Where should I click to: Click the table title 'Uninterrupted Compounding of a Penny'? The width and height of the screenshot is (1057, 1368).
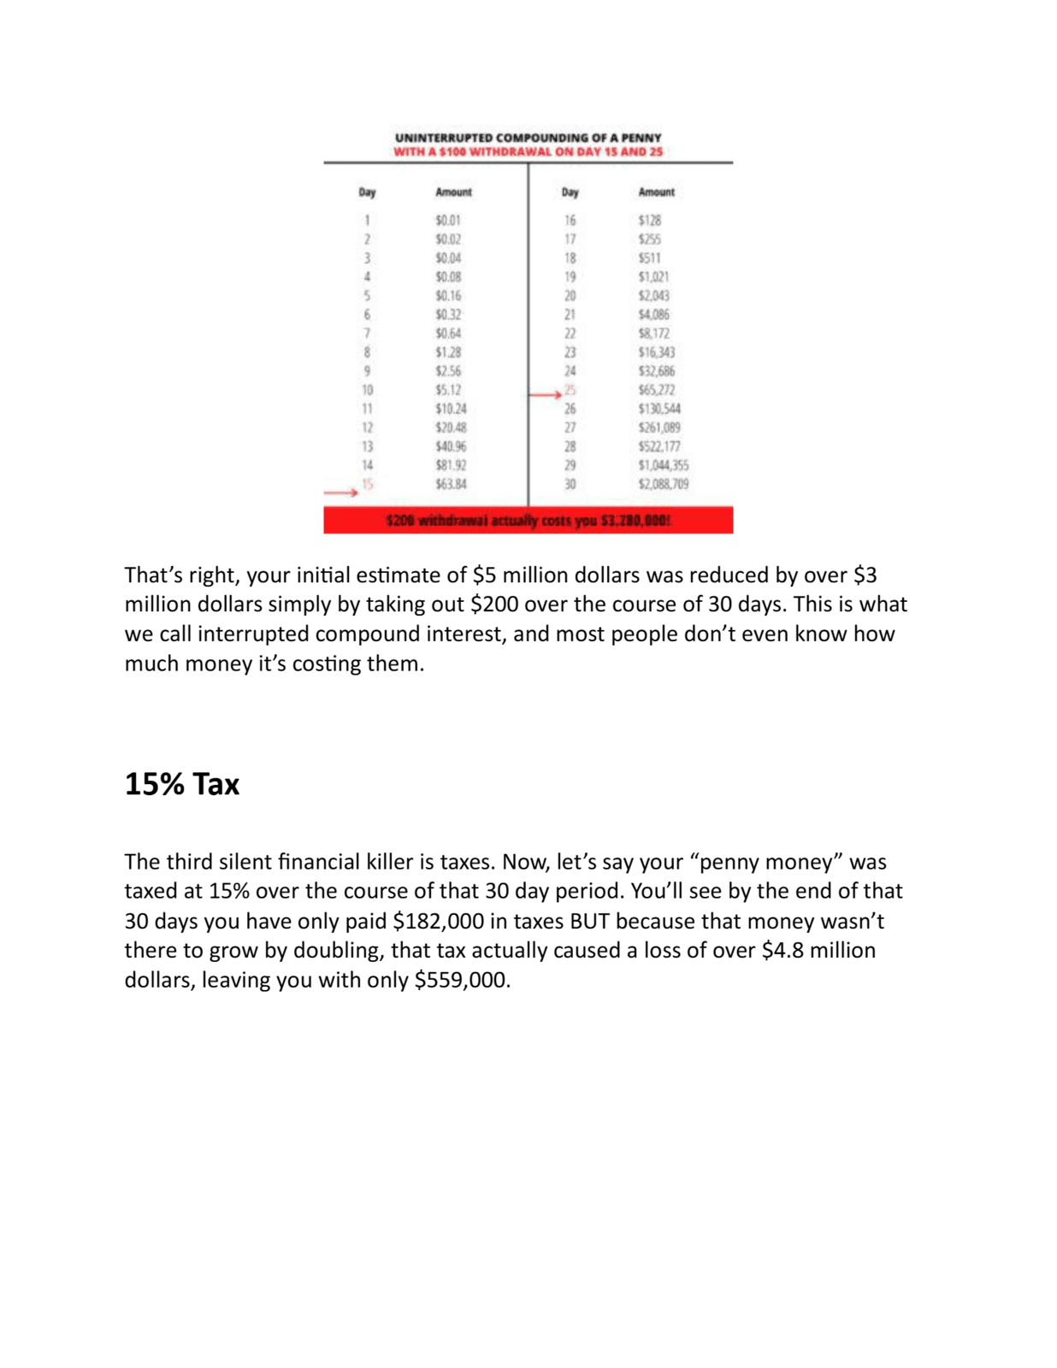528,138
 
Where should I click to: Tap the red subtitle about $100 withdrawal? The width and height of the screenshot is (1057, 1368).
528,152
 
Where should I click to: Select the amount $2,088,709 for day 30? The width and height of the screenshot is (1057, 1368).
663,484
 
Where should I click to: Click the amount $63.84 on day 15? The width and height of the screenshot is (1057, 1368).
451,484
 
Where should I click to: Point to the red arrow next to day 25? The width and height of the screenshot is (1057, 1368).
545,394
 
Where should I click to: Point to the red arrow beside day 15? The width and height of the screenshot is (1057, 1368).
340,492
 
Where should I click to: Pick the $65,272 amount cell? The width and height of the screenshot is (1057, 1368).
656,390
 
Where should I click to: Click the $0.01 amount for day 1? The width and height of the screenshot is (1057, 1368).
448,221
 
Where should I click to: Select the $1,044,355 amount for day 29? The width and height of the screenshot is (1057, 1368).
663,465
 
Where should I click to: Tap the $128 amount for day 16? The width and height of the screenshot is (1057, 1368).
649,221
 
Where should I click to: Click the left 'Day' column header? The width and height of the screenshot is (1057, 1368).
367,192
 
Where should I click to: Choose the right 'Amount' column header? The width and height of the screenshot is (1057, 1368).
656,192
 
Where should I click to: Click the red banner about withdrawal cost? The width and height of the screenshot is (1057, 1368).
528,520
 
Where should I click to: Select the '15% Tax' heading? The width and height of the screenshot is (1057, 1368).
182,784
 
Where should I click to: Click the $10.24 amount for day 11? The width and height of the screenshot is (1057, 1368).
451,409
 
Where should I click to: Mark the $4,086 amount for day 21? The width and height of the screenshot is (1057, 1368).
653,315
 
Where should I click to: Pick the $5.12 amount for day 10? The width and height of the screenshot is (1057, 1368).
448,390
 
